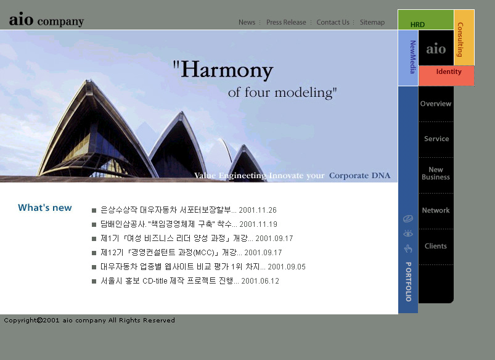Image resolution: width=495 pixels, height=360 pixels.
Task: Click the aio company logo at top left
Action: point(46,20)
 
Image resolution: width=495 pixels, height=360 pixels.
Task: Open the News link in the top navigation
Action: point(247,22)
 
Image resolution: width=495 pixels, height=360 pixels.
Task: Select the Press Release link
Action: point(286,22)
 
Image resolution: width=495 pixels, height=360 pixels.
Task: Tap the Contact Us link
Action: point(333,22)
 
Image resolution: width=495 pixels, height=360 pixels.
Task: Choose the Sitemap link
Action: point(372,22)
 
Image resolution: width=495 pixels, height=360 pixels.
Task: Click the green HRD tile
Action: point(425,20)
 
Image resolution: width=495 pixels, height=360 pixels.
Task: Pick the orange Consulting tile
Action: point(464,38)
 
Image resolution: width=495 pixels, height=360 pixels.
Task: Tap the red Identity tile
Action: point(447,75)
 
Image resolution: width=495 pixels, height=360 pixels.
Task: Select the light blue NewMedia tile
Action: point(408,58)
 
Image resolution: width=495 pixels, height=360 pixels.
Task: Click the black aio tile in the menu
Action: point(436,48)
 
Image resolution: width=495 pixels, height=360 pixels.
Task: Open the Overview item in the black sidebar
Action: point(436,104)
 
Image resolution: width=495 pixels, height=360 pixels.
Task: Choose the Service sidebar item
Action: point(436,139)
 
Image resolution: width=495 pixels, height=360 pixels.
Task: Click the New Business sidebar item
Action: point(436,173)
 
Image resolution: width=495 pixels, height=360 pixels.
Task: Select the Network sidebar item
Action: point(436,210)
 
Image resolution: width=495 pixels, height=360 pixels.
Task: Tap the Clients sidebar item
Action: point(436,246)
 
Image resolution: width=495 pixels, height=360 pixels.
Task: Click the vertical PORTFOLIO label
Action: point(408,282)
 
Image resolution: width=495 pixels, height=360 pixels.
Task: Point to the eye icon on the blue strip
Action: point(408,234)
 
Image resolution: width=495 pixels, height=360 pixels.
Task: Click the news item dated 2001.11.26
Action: point(189,210)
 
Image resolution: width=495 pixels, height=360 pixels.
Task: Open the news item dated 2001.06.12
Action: point(190,280)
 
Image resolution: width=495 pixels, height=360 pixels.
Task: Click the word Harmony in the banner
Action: point(227,70)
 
